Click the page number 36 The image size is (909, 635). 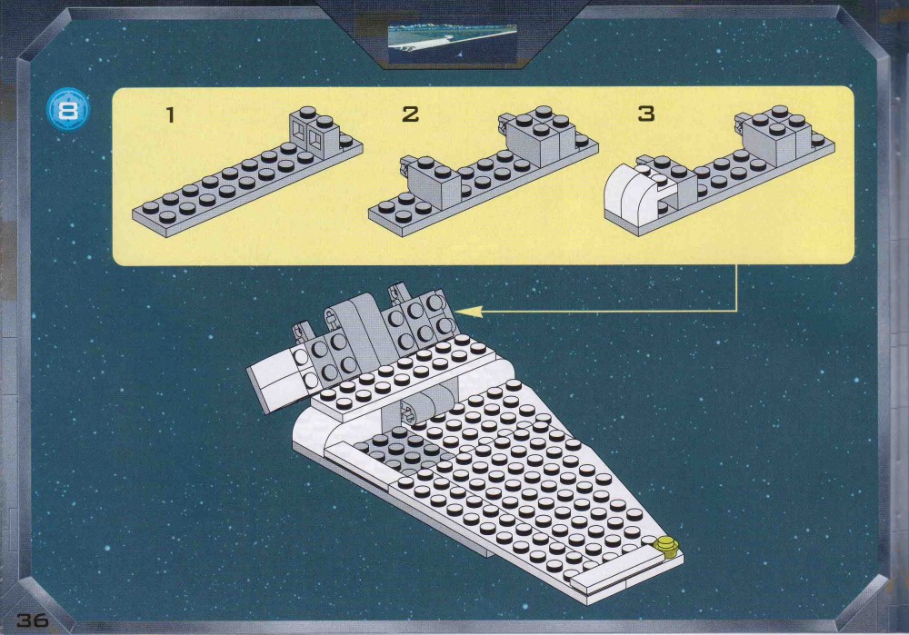pyautogui.click(x=33, y=620)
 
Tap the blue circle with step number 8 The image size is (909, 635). pyautogui.click(x=68, y=110)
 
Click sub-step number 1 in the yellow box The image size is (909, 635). pyautogui.click(x=170, y=114)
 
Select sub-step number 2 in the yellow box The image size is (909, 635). pyautogui.click(x=411, y=114)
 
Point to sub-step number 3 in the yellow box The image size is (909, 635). pyautogui.click(x=646, y=114)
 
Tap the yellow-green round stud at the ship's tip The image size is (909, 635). pyautogui.click(x=665, y=546)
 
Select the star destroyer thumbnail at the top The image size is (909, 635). pyautogui.click(x=452, y=44)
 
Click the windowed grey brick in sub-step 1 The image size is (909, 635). pyautogui.click(x=316, y=131)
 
